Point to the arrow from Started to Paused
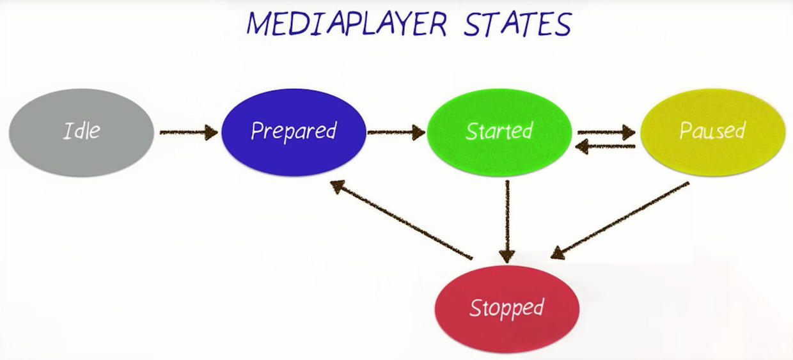click(x=605, y=132)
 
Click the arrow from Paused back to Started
click(x=605, y=147)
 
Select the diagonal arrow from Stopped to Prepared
click(x=401, y=220)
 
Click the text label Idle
click(x=81, y=131)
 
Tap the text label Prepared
click(x=294, y=131)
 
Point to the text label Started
click(x=499, y=131)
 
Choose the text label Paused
click(x=712, y=131)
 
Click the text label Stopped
click(x=506, y=308)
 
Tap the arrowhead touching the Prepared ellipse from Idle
click(x=211, y=132)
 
